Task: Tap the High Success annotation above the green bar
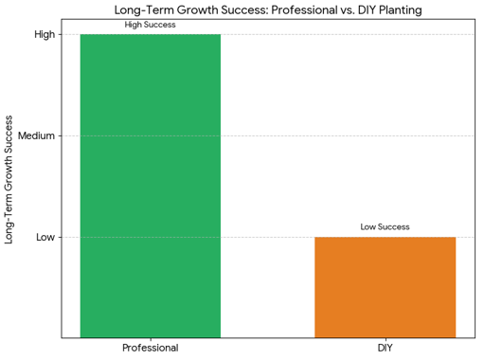click(x=150, y=25)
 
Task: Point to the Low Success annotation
click(x=385, y=227)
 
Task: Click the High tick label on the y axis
click(x=45, y=34)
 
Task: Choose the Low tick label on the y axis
click(x=45, y=237)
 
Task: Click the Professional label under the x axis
click(x=150, y=349)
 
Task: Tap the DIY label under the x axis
click(x=385, y=349)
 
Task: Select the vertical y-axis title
click(x=10, y=180)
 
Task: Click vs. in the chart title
click(x=363, y=9)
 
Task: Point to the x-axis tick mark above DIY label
click(x=385, y=339)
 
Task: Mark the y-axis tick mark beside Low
click(x=59, y=237)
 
